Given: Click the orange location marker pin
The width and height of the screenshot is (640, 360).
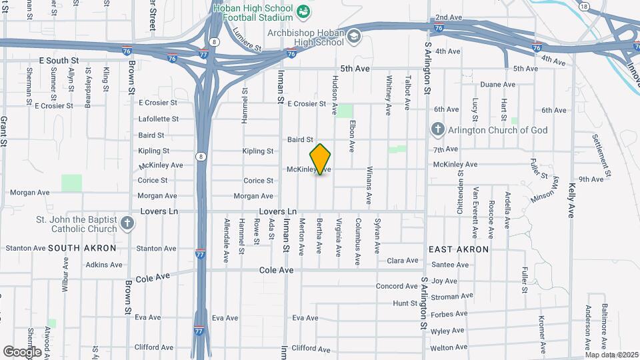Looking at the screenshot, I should pos(321,159).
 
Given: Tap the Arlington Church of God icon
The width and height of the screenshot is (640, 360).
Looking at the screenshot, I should pos(437,129).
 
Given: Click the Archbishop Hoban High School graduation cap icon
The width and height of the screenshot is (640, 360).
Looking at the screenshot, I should pos(353,35).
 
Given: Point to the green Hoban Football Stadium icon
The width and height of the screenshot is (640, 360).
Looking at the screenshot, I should pos(303,11).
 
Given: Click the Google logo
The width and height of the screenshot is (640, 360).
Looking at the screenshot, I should pos(22,351).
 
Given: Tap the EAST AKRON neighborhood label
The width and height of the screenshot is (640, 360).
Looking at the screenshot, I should pos(459,249).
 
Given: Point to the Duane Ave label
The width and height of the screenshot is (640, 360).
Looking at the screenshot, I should pos(498,85).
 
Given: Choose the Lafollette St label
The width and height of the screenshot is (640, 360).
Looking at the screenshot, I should pos(158,119).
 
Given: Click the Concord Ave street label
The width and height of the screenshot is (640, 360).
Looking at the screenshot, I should pos(397,287).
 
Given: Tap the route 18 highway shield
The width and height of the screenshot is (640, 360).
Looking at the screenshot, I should pos(585,7).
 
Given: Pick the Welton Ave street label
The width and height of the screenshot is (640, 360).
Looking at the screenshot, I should pos(448,348).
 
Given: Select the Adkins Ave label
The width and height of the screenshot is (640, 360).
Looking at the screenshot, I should pos(103,265).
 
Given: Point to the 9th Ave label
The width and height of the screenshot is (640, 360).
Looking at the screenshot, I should pos(591,179).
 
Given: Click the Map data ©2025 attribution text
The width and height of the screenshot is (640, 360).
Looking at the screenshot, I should pos(611,355).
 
